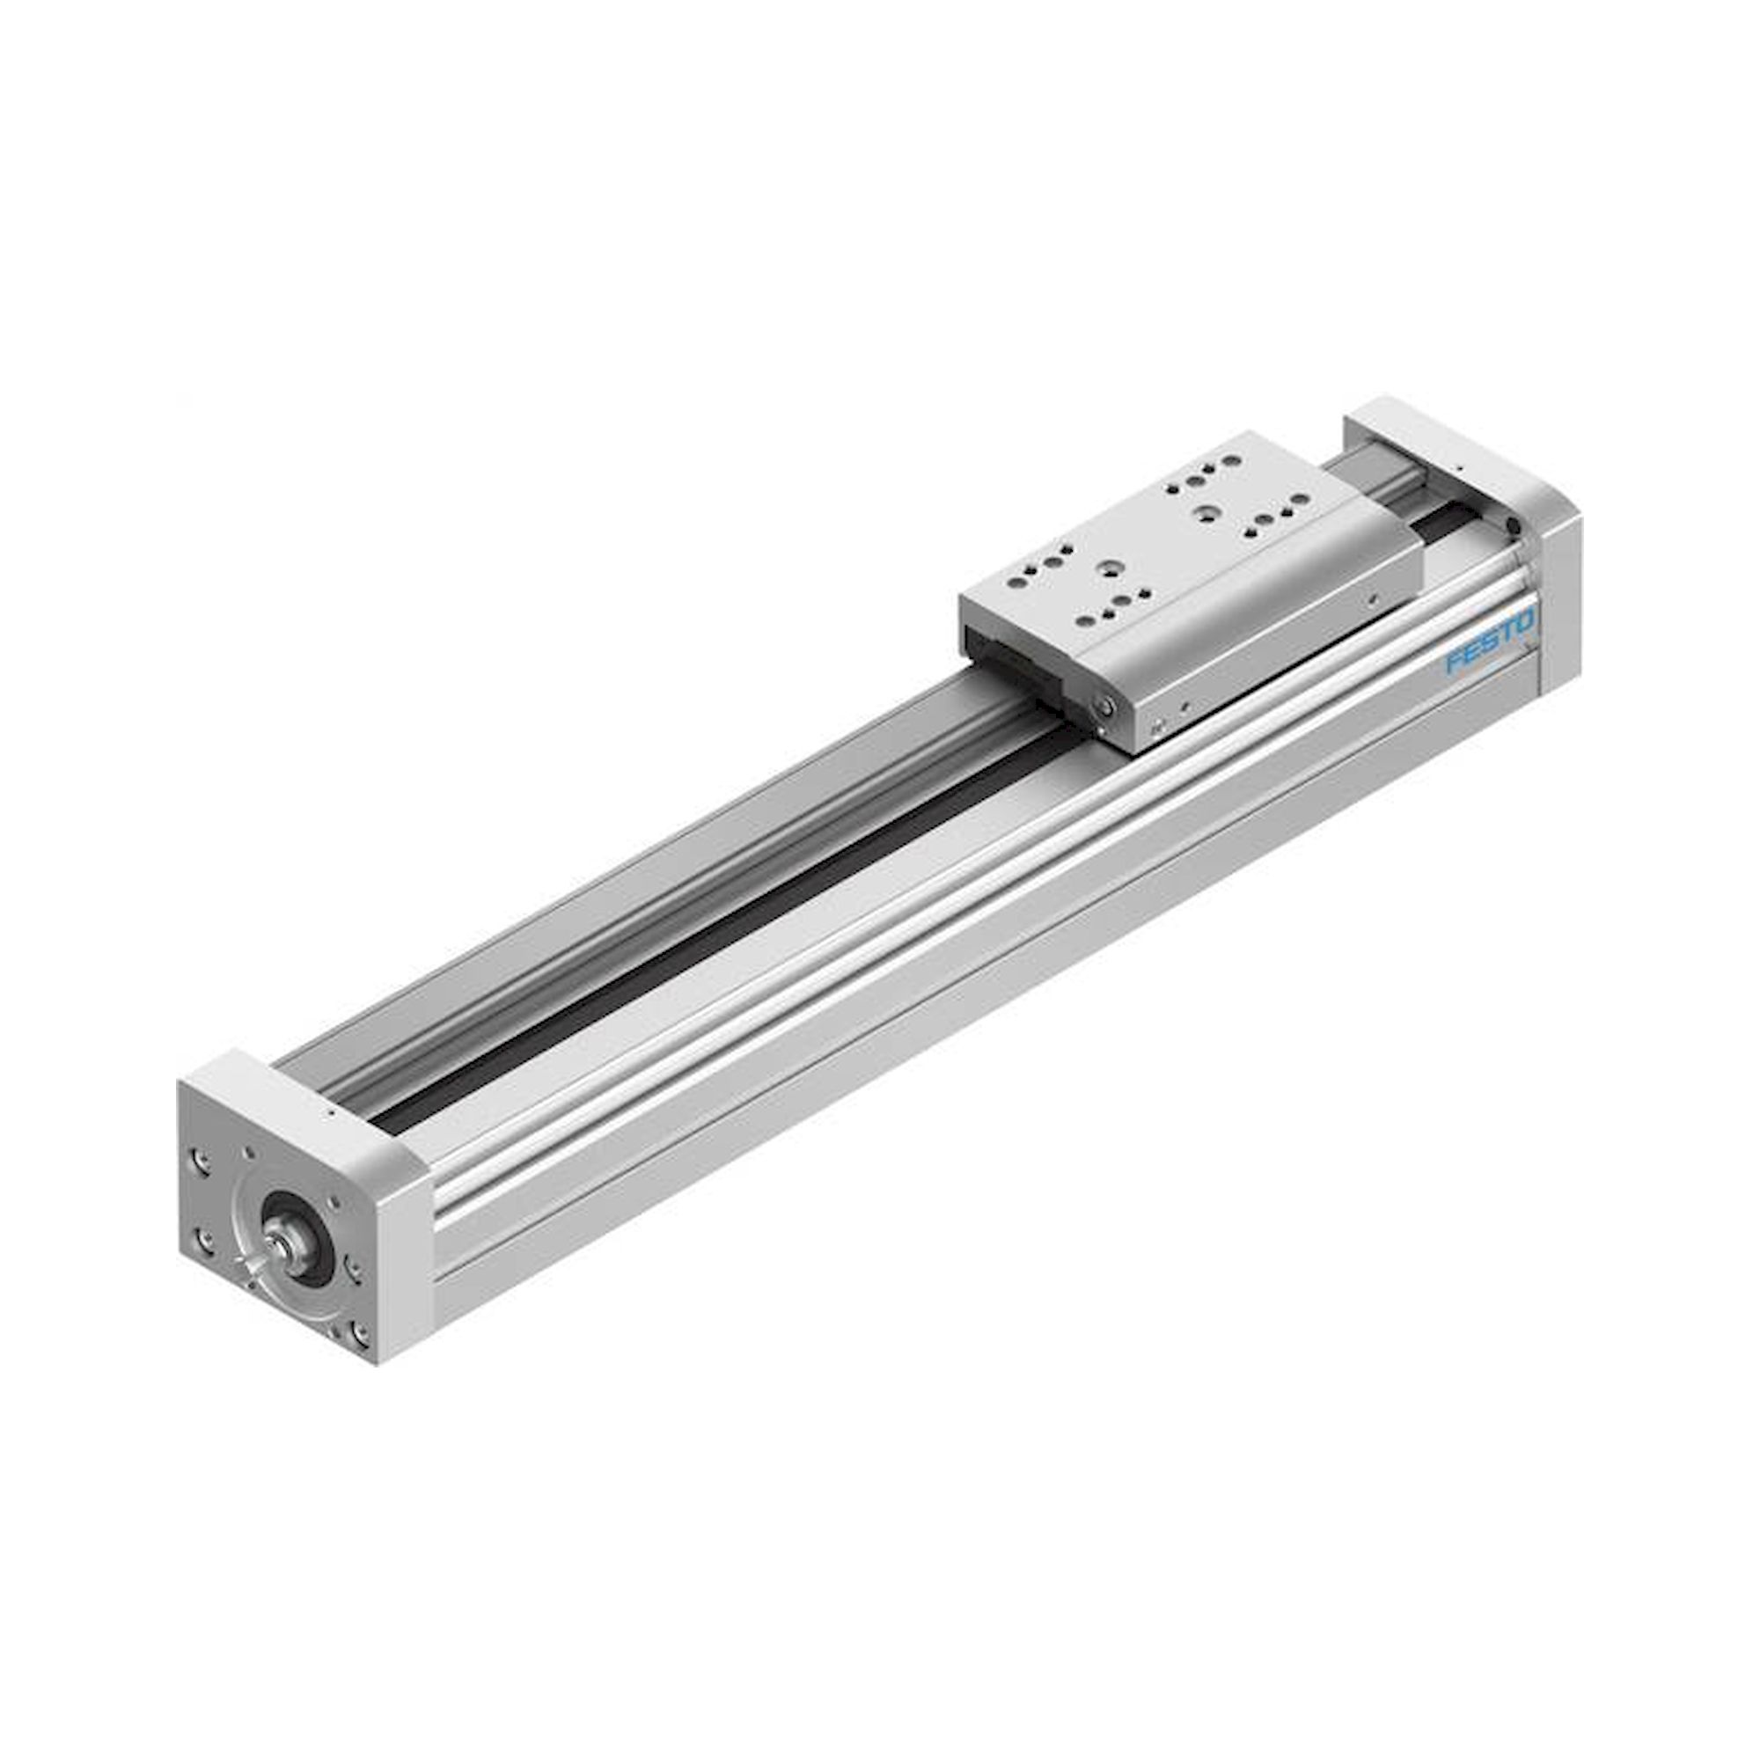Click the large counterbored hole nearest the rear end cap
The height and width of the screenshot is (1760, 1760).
[x=1206, y=516]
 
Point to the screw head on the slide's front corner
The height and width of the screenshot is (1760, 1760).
[x=1105, y=706]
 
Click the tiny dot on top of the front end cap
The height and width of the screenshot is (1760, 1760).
[x=331, y=1112]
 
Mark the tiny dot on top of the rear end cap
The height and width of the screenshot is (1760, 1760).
[x=1457, y=466]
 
